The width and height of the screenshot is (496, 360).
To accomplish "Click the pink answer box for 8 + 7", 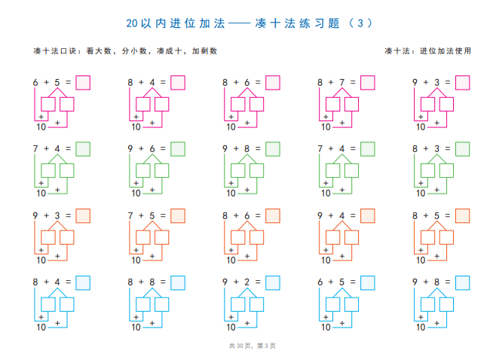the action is pyautogui.click(x=368, y=83).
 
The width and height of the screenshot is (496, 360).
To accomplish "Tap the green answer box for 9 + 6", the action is pyautogui.click(x=178, y=149).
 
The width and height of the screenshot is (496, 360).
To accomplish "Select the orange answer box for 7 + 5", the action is pyautogui.click(x=178, y=216).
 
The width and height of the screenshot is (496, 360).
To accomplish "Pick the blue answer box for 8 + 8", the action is pyautogui.click(x=178, y=283).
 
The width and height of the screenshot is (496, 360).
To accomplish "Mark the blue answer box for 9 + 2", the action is pyautogui.click(x=273, y=283).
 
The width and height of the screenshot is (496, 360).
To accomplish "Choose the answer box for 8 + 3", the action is pyautogui.click(x=463, y=149).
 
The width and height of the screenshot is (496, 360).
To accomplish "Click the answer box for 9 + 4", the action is pyautogui.click(x=368, y=216).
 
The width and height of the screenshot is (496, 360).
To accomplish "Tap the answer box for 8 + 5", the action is pyautogui.click(x=463, y=216).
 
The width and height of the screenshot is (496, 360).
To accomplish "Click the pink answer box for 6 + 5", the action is pyautogui.click(x=83, y=83).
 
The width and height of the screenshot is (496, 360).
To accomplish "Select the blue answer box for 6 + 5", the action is pyautogui.click(x=368, y=283).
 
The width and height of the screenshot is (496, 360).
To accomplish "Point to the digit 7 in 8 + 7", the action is pyautogui.click(x=341, y=83).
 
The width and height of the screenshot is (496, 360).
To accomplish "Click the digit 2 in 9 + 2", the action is pyautogui.click(x=246, y=282).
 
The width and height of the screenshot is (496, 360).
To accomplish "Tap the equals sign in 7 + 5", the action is pyautogui.click(x=163, y=215).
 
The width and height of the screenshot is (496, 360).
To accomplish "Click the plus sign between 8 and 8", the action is pyautogui.click(x=141, y=282).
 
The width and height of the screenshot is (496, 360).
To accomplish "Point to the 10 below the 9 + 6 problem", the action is pyautogui.click(x=136, y=193).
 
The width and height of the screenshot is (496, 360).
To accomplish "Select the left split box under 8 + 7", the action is pyautogui.click(x=332, y=104).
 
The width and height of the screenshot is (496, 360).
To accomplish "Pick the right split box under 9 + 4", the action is pyautogui.click(x=351, y=237).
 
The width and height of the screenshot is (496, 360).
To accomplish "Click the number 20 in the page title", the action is pyautogui.click(x=132, y=23).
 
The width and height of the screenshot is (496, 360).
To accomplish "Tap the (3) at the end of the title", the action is pyautogui.click(x=360, y=23).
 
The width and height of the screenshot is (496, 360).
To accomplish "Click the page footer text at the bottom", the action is pyautogui.click(x=252, y=346).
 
